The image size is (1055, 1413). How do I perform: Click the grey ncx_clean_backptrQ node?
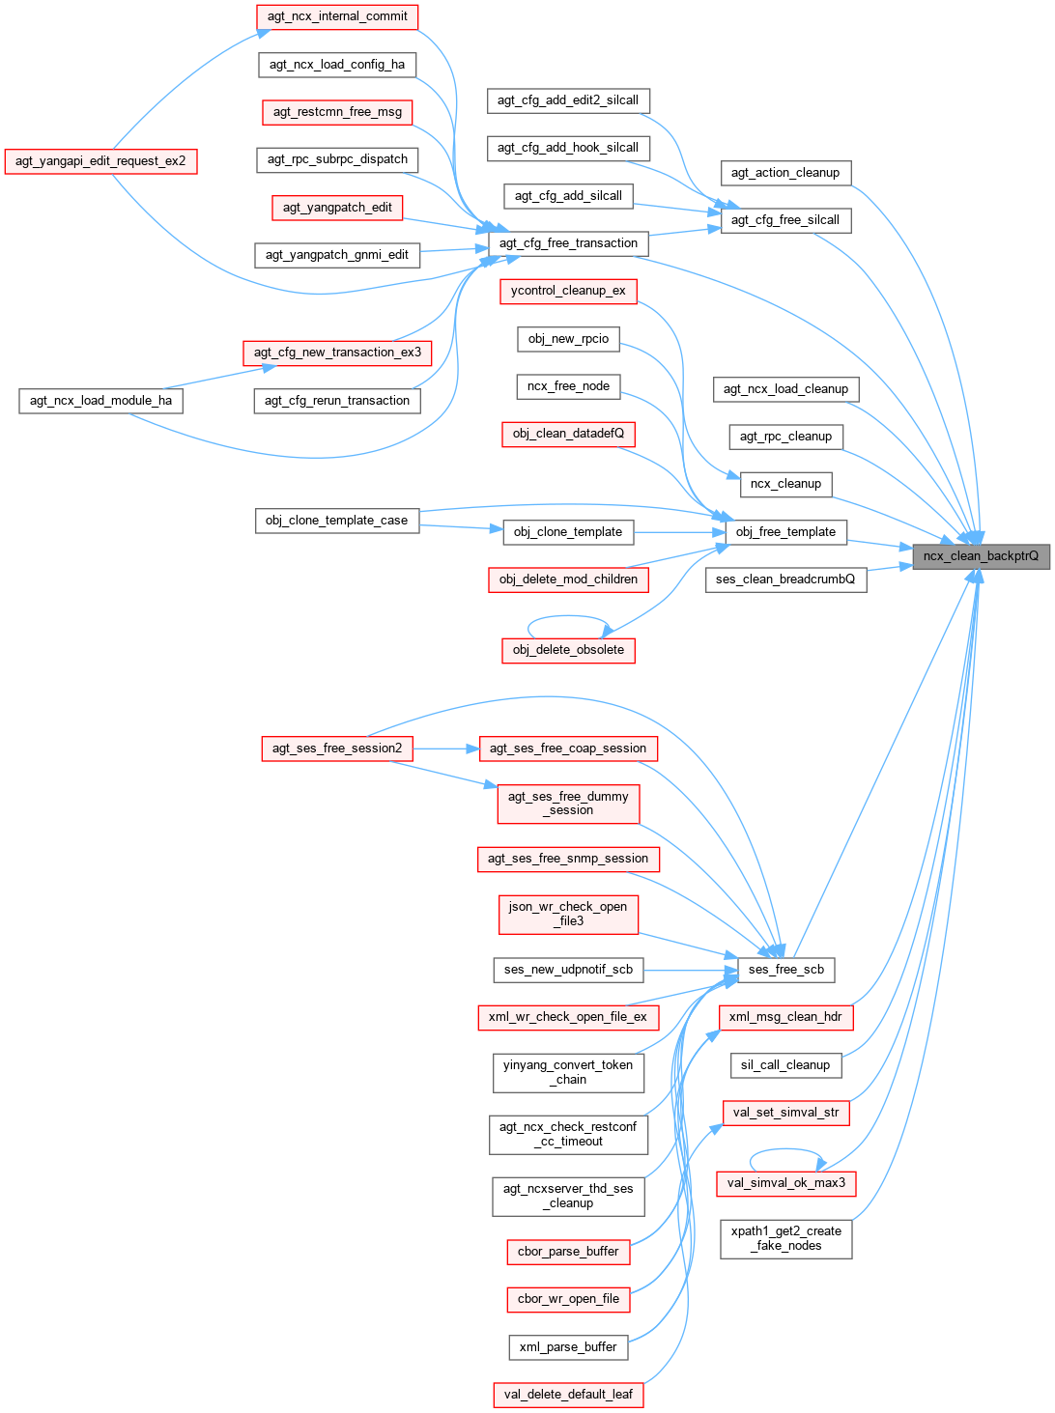pyautogui.click(x=981, y=555)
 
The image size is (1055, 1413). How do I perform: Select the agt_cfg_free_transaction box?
pyautogui.click(x=567, y=243)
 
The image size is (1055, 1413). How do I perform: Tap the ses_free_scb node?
pyautogui.click(x=785, y=970)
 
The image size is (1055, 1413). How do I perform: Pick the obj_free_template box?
pyautogui.click(x=785, y=532)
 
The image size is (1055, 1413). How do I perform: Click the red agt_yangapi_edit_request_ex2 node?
pyautogui.click(x=100, y=160)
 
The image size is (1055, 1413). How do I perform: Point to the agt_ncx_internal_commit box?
pyautogui.click(x=337, y=16)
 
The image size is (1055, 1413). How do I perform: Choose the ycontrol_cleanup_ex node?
pyautogui.click(x=568, y=291)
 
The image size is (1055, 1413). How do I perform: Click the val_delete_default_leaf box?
pyautogui.click(x=568, y=1395)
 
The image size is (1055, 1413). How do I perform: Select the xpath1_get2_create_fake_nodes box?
pyautogui.click(x=785, y=1238)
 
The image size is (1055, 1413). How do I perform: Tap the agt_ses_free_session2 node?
pyautogui.click(x=336, y=749)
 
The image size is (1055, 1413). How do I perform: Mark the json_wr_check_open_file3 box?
pyautogui.click(x=568, y=914)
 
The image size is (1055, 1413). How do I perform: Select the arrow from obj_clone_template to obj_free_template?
pyautogui.click(x=680, y=532)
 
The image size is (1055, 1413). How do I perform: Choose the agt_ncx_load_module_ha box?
pyautogui.click(x=100, y=401)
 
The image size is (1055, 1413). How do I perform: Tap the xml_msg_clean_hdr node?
pyautogui.click(x=785, y=1017)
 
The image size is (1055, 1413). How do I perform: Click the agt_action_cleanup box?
pyautogui.click(x=785, y=173)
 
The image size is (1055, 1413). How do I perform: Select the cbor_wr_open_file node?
pyautogui.click(x=568, y=1299)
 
